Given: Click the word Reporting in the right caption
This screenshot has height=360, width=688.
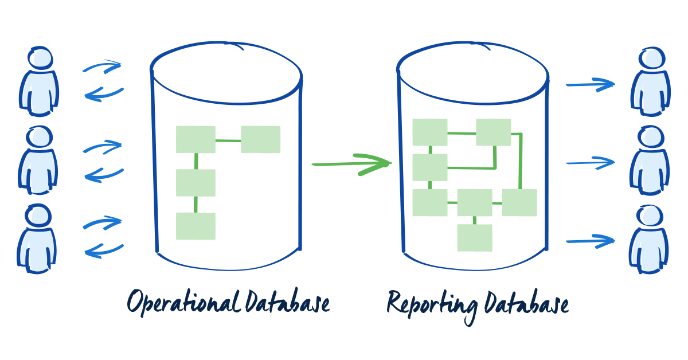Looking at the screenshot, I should pyautogui.click(x=431, y=303).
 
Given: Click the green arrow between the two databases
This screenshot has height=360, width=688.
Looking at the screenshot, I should pyautogui.click(x=351, y=164).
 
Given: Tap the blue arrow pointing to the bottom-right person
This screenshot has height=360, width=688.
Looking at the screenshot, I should pyautogui.click(x=589, y=241).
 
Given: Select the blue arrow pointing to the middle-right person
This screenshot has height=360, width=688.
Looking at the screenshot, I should pyautogui.click(x=589, y=163).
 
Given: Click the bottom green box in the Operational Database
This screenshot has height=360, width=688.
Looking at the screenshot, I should pyautogui.click(x=196, y=226).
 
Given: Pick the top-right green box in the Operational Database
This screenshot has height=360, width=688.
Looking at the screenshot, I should pyautogui.click(x=260, y=139).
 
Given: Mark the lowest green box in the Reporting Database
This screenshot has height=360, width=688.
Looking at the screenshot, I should pyautogui.click(x=475, y=237).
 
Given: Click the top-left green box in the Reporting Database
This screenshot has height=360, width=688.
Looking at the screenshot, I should pyautogui.click(x=430, y=132).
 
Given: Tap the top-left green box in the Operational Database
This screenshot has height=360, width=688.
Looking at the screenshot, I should pyautogui.click(x=196, y=139).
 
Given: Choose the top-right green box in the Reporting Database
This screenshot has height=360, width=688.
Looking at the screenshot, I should pyautogui.click(x=494, y=132).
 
